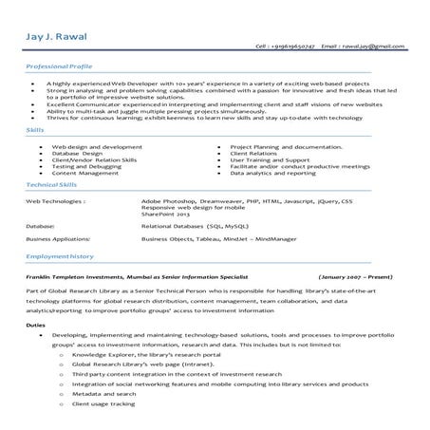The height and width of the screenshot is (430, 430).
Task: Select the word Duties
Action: pos(35,325)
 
